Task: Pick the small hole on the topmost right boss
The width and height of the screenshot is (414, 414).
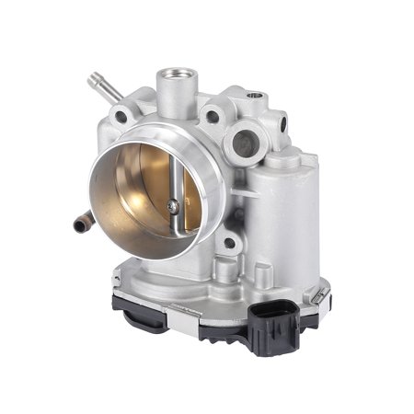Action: (255, 98)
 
